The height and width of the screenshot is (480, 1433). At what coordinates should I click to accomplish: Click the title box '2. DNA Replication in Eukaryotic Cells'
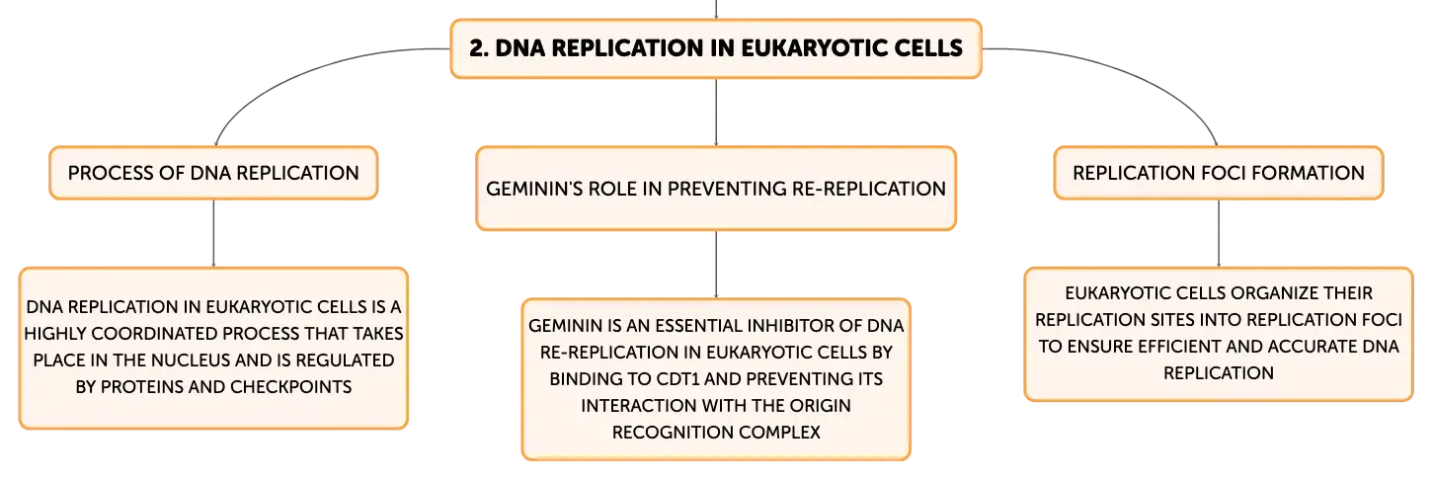[716, 48]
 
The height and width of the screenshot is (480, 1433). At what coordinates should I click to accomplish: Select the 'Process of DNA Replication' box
[213, 173]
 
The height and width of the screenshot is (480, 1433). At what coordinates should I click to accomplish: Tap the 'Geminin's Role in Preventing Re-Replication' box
[716, 189]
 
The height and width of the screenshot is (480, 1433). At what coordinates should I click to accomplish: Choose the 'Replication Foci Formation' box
[1219, 173]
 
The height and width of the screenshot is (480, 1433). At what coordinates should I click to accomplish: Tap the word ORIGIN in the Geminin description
[820, 406]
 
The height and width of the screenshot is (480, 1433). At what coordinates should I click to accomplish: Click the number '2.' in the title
[479, 48]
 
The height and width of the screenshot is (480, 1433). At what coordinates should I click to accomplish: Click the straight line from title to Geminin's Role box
[716, 113]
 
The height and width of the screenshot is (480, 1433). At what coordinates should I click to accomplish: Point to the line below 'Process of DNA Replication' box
[213, 233]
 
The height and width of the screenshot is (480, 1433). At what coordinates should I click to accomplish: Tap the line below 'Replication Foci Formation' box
[1219, 233]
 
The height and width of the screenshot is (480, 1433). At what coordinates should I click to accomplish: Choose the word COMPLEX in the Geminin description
[779, 433]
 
